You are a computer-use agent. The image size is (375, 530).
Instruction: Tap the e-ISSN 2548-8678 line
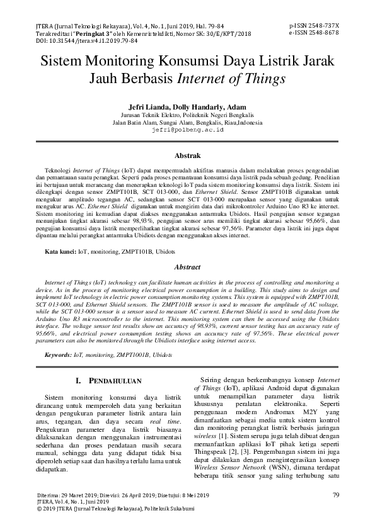coord(313,32)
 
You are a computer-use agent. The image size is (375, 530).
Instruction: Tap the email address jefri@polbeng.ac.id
coord(188,129)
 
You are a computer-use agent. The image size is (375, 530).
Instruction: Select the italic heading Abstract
coord(187,268)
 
